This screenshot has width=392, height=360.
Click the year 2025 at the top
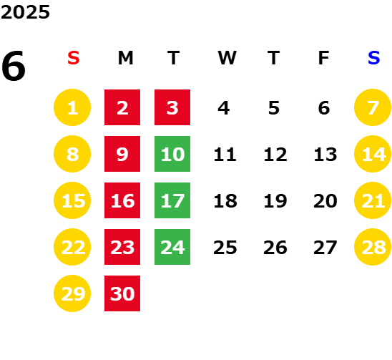[x=25, y=12]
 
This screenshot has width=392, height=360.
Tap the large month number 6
[x=14, y=66]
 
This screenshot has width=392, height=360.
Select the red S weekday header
[x=74, y=58]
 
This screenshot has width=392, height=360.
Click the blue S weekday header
[x=373, y=58]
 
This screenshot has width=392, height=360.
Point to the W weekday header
[x=227, y=58]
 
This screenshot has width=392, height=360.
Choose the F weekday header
[x=324, y=58]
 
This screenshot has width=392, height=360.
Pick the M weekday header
[x=125, y=58]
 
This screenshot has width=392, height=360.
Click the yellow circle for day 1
[x=72, y=107]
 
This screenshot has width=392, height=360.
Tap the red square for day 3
[x=172, y=107]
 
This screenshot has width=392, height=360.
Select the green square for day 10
[x=172, y=154]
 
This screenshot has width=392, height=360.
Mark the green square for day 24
[x=172, y=247]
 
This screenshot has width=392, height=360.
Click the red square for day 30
[x=122, y=293]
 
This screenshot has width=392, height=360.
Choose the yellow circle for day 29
[x=72, y=293]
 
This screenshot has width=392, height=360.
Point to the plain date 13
[x=325, y=155]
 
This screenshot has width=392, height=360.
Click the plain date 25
[x=225, y=248]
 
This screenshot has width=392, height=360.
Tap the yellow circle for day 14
[x=373, y=154]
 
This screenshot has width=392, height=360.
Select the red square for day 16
[x=122, y=200]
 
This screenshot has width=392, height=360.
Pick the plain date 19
[x=275, y=201]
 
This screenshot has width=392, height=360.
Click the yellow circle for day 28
[x=373, y=247]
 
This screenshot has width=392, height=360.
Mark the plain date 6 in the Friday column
[x=324, y=108]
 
